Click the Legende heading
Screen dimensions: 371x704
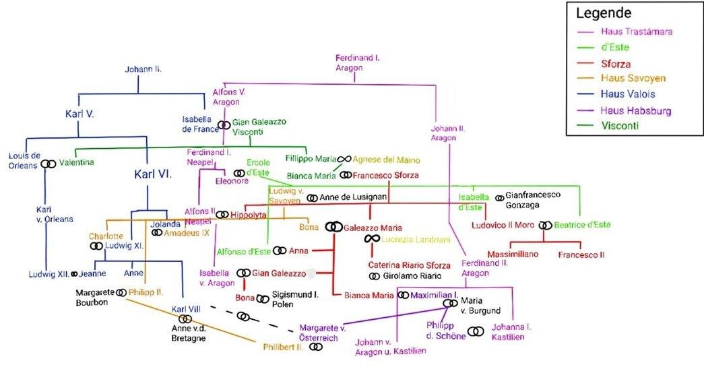[603, 13]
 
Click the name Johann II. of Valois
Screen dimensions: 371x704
[143, 69]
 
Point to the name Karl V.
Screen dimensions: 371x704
[79, 113]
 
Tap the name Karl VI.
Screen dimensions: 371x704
[154, 174]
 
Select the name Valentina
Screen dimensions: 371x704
[76, 162]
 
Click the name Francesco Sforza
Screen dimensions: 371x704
[386, 175]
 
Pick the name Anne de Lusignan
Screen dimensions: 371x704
[354, 197]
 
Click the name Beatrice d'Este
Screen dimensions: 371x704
[582, 225]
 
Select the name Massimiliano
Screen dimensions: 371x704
[514, 255]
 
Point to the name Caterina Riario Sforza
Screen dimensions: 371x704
[410, 265]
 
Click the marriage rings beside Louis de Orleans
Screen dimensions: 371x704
[48, 164]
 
